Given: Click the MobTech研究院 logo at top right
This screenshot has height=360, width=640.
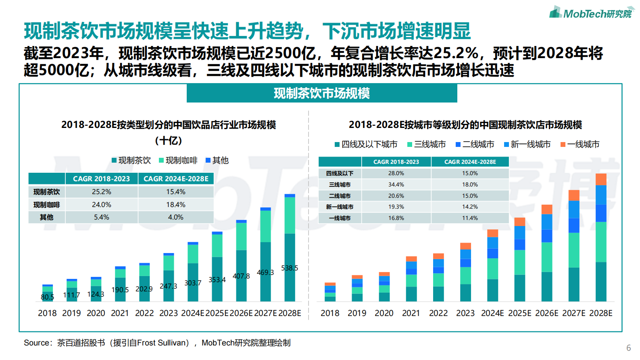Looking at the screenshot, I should tap(591, 13).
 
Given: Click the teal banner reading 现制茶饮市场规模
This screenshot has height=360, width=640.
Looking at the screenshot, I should tap(321, 93).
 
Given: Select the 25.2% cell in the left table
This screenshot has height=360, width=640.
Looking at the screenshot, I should tap(101, 192).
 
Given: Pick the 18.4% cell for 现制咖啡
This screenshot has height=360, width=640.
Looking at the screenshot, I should tap(176, 205).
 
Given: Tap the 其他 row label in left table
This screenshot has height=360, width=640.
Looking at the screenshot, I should tap(46, 217).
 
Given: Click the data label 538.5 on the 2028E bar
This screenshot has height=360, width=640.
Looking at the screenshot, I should tap(290, 268).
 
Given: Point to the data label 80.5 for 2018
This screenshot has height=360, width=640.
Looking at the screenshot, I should tap(47, 297).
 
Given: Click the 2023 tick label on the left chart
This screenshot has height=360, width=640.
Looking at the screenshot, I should tap(169, 313).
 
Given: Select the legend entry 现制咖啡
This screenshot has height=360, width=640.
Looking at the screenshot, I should tap(178, 161).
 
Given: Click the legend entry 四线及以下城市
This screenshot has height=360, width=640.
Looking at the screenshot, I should tap(366, 144).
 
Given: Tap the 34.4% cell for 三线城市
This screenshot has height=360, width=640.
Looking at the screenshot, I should tap(396, 184).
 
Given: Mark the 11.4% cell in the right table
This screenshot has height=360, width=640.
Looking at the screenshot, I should tap(470, 218).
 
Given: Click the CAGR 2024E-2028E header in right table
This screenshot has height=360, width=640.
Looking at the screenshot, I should tap(470, 162).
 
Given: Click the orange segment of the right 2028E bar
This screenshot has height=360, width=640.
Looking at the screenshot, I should tap(601, 179).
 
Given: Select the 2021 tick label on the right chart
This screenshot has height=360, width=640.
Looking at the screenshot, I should tap(411, 313).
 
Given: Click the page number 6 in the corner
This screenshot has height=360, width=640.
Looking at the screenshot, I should tap(628, 348).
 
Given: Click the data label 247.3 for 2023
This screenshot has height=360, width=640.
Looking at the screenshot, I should tap(168, 286).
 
